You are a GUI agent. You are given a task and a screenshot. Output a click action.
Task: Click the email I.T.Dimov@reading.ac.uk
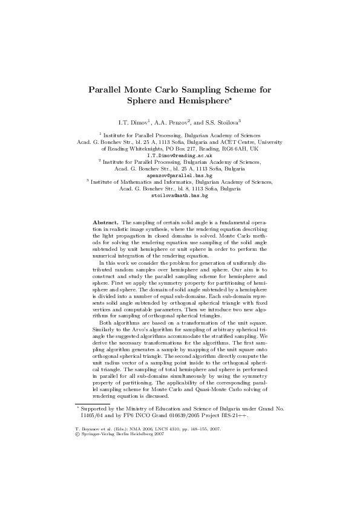tap(180, 155)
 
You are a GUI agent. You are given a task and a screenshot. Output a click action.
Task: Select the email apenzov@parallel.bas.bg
tap(180, 175)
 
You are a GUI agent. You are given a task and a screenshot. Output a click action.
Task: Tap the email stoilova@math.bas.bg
tap(180, 196)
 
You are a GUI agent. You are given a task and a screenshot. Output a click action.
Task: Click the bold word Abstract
tap(105, 222)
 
